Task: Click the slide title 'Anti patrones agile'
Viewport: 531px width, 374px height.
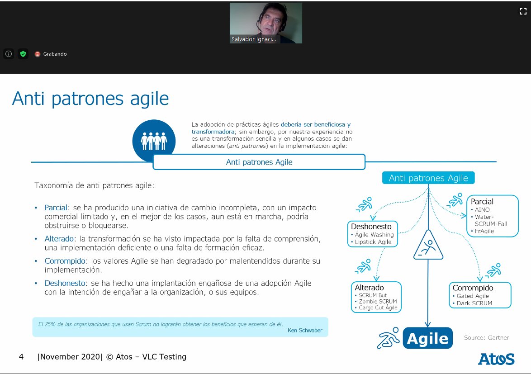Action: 90,98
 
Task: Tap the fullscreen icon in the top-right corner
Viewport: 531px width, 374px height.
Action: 523,12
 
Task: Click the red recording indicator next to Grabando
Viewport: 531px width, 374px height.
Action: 38,54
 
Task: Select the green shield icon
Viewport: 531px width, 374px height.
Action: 23,54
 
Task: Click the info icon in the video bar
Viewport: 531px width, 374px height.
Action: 9,54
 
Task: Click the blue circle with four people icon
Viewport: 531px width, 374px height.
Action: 154,141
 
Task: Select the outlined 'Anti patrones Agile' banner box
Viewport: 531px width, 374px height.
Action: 259,162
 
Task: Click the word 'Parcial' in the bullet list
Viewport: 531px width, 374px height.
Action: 55,208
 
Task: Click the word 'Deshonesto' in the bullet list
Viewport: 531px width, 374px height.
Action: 65,284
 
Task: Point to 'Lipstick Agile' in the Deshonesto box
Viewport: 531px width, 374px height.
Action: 374,242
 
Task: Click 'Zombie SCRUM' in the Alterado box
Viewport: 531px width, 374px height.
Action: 378,301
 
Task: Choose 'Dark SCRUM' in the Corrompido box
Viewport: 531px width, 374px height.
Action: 474,303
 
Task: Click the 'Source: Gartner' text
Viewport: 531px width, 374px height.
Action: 486,337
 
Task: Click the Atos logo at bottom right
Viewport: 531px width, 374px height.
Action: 496,359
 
